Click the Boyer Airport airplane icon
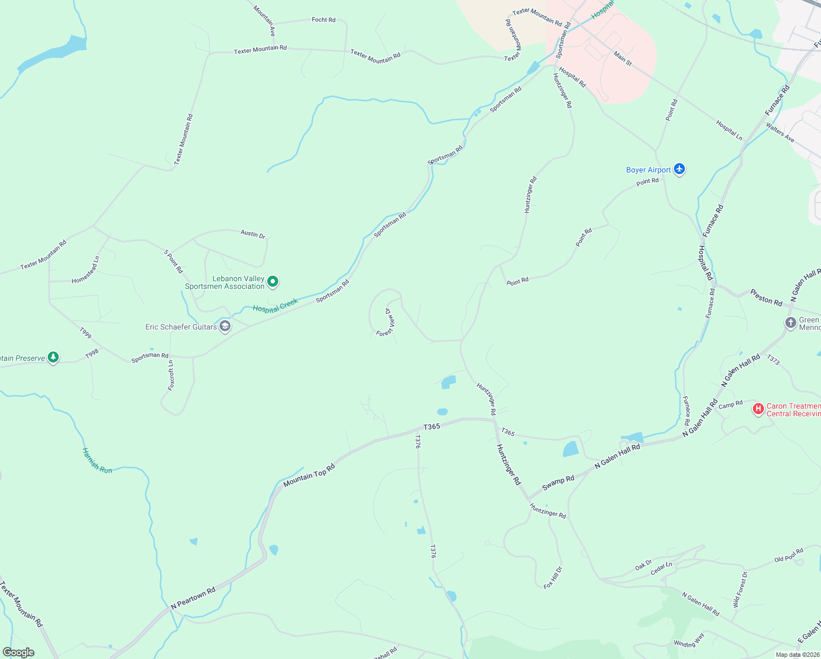[679, 169]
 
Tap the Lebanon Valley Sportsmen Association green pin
[273, 282]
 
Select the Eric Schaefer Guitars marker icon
[224, 327]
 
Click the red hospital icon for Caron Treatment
[758, 409]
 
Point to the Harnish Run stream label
[97, 460]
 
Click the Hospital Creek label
[275, 305]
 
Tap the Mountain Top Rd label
[309, 476]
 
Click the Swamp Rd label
[558, 482]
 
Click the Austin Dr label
[253, 234]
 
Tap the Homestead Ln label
[86, 271]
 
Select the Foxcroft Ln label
[171, 376]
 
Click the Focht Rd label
[323, 20]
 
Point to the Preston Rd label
[766, 298]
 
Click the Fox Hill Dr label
[553, 578]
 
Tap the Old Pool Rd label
[789, 555]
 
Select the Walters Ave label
[780, 132]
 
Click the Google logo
[19, 652]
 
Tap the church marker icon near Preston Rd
[790, 323]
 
